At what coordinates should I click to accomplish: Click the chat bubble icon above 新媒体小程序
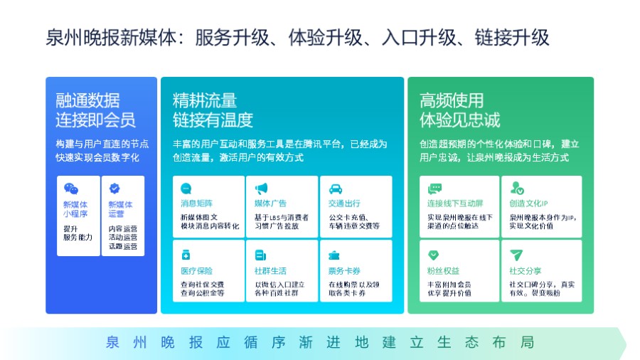click(70, 189)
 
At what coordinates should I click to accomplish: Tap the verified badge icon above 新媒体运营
click(114, 189)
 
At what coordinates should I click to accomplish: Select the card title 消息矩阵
click(196, 203)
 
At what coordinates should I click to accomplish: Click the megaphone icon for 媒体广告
click(261, 189)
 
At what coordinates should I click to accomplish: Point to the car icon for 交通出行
click(336, 189)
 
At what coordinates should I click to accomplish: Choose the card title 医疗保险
click(196, 270)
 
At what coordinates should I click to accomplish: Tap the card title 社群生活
click(270, 270)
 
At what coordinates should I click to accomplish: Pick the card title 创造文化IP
click(528, 203)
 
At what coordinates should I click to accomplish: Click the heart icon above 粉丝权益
click(434, 255)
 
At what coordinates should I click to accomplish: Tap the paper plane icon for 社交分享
click(516, 255)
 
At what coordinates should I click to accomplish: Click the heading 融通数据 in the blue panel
click(87, 100)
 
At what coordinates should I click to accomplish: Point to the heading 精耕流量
click(205, 100)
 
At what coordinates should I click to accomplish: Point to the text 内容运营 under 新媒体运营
click(123, 229)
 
